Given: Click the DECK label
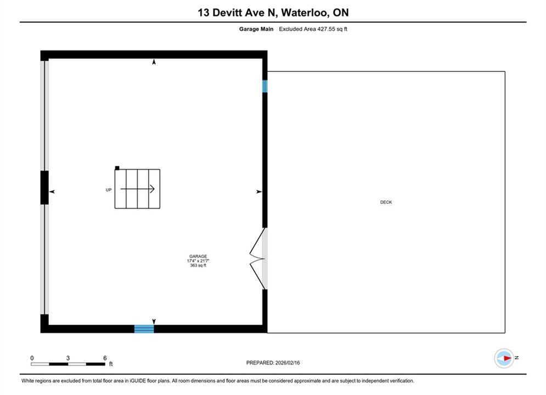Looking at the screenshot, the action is pos(386,202).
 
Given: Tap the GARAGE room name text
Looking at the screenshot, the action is pos(198,256).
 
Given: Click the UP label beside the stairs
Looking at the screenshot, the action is pos(109,190).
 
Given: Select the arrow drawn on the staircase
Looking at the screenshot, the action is pos(138,189).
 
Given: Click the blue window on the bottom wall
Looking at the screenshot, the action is pos(144,329).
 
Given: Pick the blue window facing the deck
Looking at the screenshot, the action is pos(264,86).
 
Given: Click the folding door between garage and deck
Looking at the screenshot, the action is pos(258,258).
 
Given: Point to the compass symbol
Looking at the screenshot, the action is pos(504,358).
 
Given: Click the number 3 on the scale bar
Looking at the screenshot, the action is pos(68,358).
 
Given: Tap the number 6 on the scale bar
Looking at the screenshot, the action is pos(105,358).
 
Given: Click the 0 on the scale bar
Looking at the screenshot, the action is pos(32,358).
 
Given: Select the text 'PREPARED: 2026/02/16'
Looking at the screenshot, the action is pos(273,363).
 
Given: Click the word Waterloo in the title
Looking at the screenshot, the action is pos(305,13).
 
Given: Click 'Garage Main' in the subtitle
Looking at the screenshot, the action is pos(256,29).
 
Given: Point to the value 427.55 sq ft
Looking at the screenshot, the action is pos(332,29).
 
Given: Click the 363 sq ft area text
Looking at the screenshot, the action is pos(198,265).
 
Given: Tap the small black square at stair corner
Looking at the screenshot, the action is pos(117,168).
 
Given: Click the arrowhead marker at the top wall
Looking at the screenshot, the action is pos(154,62).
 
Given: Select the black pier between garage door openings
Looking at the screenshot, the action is pos(44,188).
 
